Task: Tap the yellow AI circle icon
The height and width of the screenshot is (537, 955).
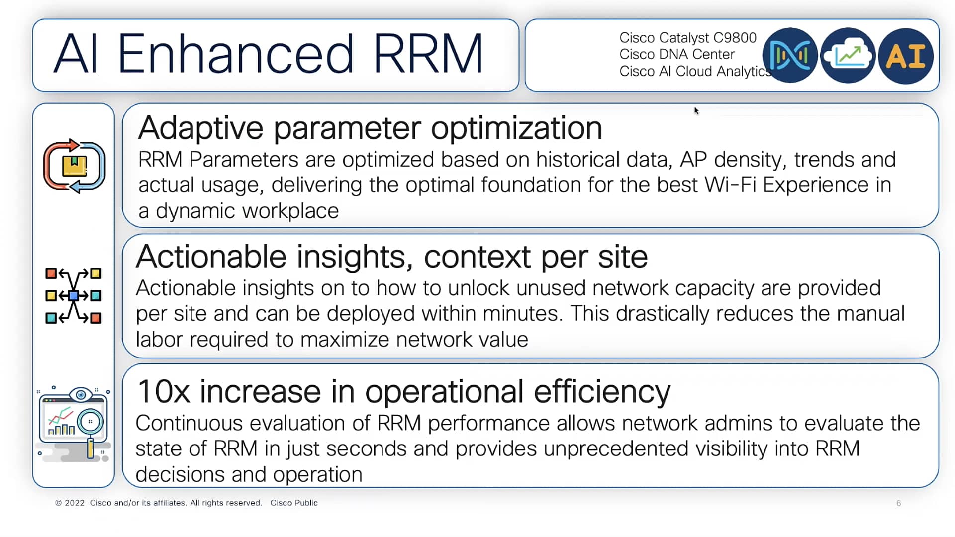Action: click(x=905, y=56)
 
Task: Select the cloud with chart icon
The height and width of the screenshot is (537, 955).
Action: click(x=848, y=56)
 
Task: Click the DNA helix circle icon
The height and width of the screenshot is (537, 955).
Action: click(x=790, y=56)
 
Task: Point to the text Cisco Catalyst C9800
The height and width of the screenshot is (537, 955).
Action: click(x=687, y=38)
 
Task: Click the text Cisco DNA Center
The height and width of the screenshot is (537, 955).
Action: click(x=676, y=54)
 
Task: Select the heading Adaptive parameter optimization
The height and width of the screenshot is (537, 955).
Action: click(x=370, y=128)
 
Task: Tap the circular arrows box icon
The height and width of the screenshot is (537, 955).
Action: click(x=74, y=166)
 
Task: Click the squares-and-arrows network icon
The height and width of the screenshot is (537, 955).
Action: click(x=73, y=296)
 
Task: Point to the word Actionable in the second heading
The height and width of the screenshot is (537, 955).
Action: click(x=211, y=257)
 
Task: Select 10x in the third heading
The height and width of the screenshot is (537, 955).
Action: click(x=164, y=392)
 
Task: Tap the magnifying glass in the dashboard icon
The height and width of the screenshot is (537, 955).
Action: click(x=90, y=423)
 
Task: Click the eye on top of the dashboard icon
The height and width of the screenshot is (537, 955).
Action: click(x=81, y=395)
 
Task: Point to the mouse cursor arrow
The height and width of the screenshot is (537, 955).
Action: click(x=696, y=110)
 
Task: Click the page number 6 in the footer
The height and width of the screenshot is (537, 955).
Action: click(x=898, y=503)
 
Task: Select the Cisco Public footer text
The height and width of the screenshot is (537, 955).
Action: click(x=293, y=503)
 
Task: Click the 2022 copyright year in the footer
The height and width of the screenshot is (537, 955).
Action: click(x=75, y=503)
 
